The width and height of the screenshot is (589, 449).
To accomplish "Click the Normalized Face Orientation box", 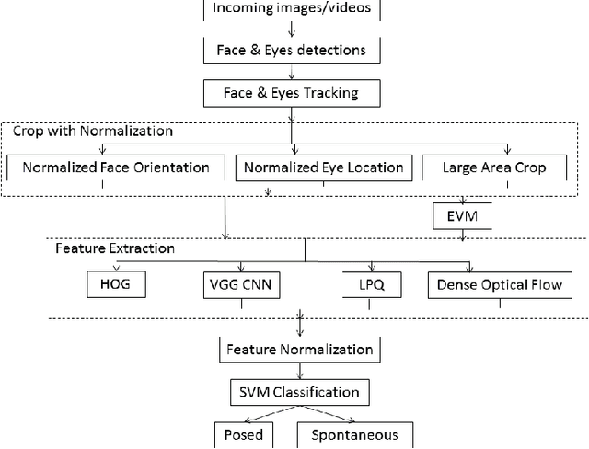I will pos(115,167).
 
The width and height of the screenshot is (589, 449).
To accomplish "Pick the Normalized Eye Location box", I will pos(323,167).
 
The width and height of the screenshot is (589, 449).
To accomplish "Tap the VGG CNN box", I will pos(239,285).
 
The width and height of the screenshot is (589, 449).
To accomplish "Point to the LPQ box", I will pos(367,285).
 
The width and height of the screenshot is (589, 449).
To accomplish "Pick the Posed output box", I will pos(244,434).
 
